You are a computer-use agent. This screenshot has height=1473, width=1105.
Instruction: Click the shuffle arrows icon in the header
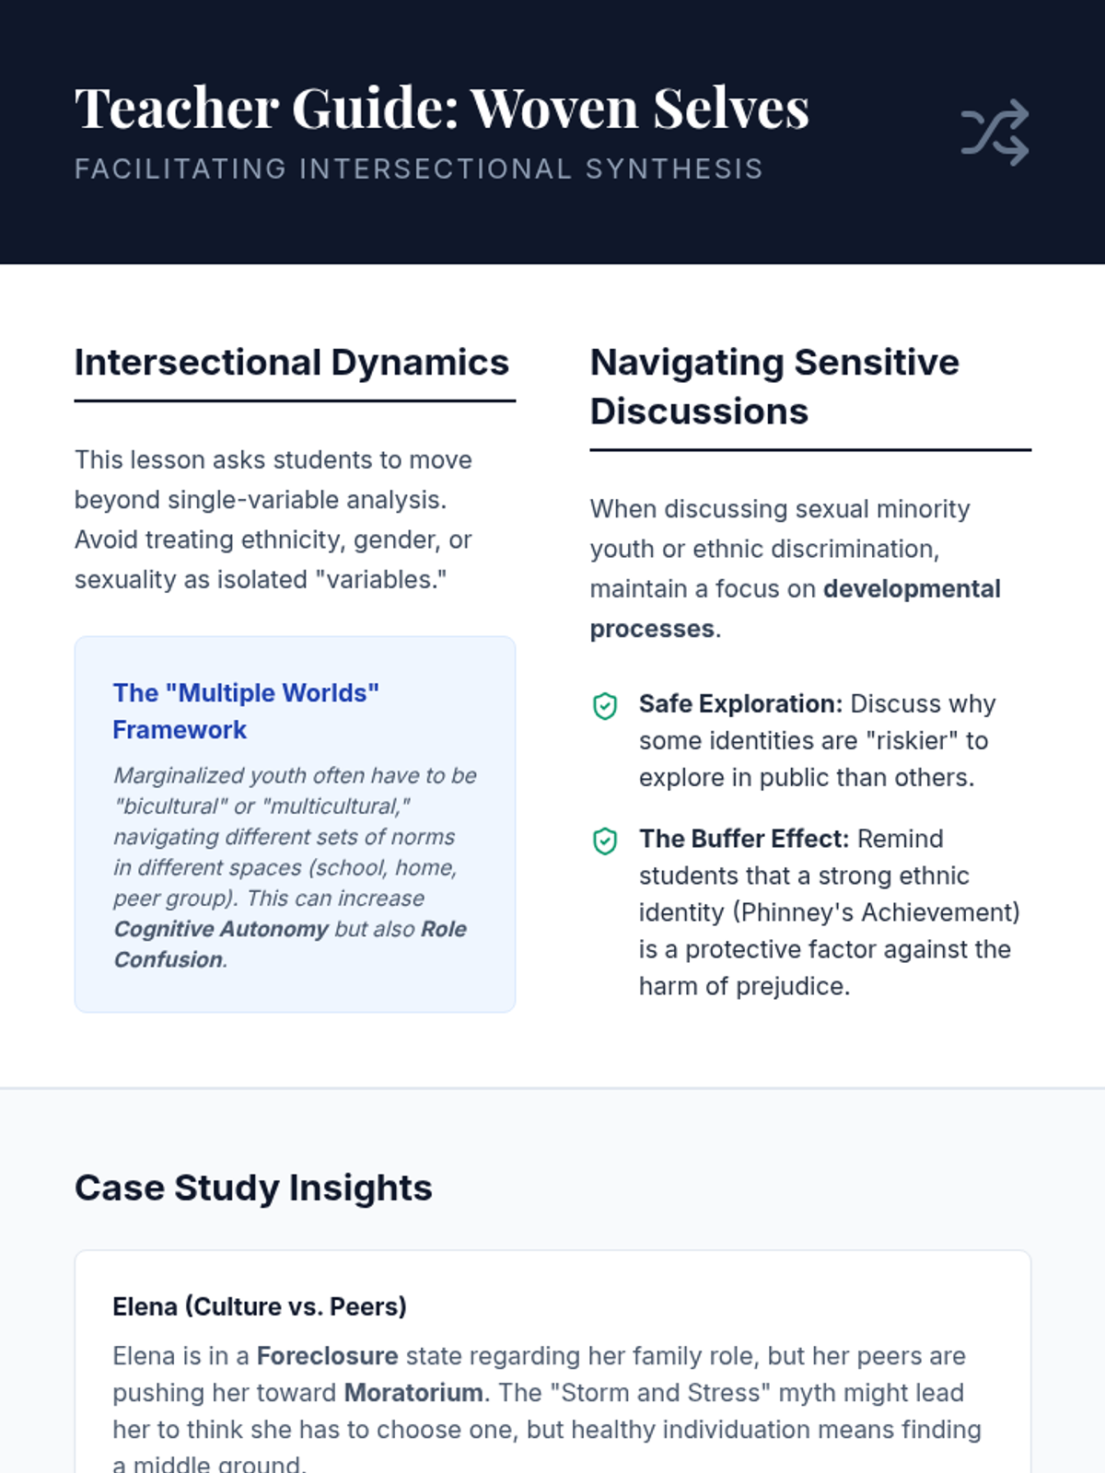(995, 133)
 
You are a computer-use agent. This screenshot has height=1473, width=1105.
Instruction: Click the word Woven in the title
(554, 108)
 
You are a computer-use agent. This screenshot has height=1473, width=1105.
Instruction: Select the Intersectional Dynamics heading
(292, 363)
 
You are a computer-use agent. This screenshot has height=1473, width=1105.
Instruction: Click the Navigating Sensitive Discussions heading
(775, 387)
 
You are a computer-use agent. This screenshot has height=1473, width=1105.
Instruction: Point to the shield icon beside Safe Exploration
(605, 706)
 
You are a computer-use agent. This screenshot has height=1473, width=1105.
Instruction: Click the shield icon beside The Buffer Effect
(605, 841)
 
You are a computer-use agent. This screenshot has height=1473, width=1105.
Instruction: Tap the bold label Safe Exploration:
(740, 704)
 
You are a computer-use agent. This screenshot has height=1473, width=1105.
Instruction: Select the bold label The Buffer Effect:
(744, 839)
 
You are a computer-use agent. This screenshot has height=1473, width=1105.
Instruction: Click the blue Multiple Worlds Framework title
(246, 712)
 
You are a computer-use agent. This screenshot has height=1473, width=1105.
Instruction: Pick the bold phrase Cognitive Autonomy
(221, 930)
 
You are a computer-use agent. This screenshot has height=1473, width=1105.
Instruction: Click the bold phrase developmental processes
(795, 609)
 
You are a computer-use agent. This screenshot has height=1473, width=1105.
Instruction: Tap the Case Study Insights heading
(253, 1188)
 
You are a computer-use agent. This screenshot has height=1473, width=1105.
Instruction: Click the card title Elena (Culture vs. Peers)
(260, 1306)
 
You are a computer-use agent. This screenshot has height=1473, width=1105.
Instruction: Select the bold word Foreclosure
(328, 1356)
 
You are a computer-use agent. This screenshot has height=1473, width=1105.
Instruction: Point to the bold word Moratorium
(413, 1393)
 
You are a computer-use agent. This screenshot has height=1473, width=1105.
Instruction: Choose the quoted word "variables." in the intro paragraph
(381, 580)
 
